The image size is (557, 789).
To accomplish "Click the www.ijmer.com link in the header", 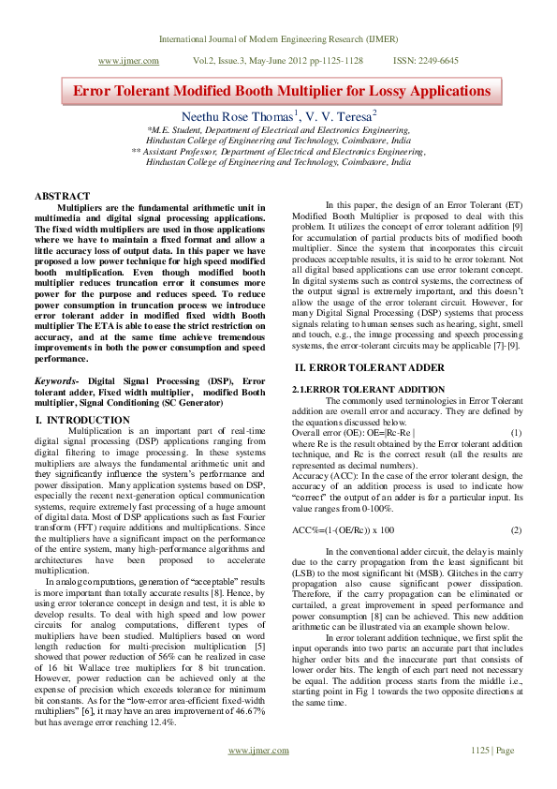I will pos(128,59).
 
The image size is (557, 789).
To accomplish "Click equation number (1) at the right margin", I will pos(516,433).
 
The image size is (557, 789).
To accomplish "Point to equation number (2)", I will pos(516,530).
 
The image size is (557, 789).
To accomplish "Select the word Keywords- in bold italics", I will pos(57,381).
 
